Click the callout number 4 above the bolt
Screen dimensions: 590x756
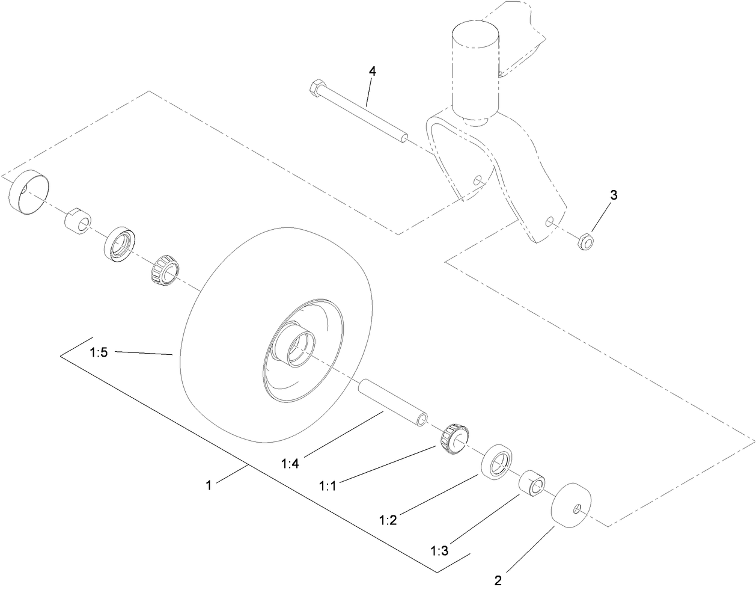click(x=372, y=71)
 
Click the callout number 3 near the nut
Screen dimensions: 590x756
click(x=613, y=195)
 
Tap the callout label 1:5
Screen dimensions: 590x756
click(x=99, y=353)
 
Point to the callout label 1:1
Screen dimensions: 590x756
click(x=328, y=484)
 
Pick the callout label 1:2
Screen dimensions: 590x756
click(x=388, y=520)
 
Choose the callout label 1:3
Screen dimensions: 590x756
click(x=439, y=550)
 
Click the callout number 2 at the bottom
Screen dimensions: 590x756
click(x=498, y=581)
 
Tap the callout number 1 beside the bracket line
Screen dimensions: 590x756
click(x=209, y=485)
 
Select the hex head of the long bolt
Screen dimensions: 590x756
click(x=314, y=90)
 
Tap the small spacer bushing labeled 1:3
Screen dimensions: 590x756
click(x=532, y=482)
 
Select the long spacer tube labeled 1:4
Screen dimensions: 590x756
click(x=393, y=403)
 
